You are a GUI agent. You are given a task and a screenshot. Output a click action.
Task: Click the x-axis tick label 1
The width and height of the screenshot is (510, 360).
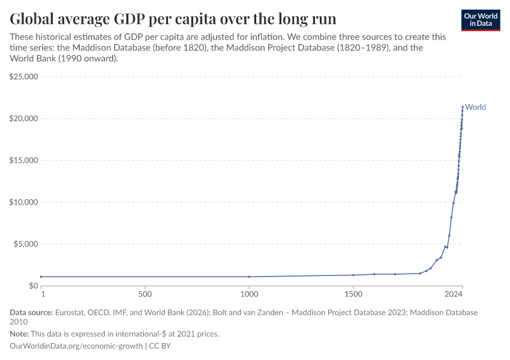click(42, 295)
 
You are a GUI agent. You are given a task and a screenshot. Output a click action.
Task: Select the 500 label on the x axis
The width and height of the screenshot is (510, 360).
click(144, 295)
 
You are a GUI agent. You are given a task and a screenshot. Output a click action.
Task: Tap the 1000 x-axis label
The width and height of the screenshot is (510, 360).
click(249, 295)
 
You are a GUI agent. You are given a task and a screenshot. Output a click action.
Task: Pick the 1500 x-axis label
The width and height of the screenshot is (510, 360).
click(353, 295)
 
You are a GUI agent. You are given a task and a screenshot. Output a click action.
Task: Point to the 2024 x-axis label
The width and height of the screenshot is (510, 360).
click(454, 295)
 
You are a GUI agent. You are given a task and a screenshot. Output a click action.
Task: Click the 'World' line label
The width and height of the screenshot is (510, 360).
click(476, 107)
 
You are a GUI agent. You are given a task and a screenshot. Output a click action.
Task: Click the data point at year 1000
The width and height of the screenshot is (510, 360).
click(249, 277)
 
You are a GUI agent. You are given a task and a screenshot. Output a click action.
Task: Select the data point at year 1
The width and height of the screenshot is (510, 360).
click(41, 277)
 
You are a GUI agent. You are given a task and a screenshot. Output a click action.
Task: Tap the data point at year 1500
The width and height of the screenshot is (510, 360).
click(353, 275)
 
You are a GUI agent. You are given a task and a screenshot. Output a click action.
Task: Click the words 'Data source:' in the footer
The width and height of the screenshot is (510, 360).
click(31, 313)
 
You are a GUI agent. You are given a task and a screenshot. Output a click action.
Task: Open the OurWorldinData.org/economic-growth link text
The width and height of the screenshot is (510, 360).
click(76, 346)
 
